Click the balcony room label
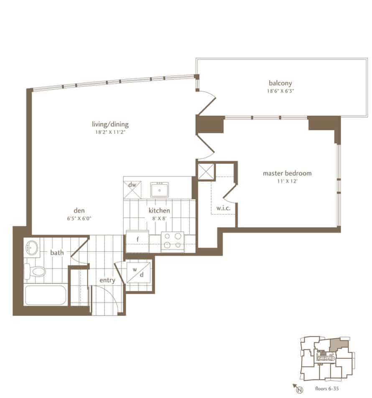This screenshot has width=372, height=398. point(280,83)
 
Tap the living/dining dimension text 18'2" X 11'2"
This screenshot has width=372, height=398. point(110,132)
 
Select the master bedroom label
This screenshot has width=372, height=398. point(287,173)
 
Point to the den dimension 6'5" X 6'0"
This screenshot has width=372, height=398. point(79,218)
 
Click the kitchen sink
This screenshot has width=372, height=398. point(159,190)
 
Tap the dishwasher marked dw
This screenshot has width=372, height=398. point(132,189)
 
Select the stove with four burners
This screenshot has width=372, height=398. point(173,242)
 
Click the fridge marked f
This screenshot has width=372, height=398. point(138,241)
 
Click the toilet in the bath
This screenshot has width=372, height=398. point(35,271)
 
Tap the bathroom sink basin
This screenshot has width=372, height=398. point(32,247)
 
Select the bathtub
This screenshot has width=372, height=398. point(46,295)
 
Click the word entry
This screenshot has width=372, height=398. point(107,280)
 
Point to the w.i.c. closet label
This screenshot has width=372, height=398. point(223,208)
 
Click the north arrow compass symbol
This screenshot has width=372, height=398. point(298,388)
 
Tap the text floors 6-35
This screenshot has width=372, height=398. point(327,388)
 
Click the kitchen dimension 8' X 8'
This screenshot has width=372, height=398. point(159,218)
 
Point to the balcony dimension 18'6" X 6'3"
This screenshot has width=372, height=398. point(280,91)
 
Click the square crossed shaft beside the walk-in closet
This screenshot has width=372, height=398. point(206,171)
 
